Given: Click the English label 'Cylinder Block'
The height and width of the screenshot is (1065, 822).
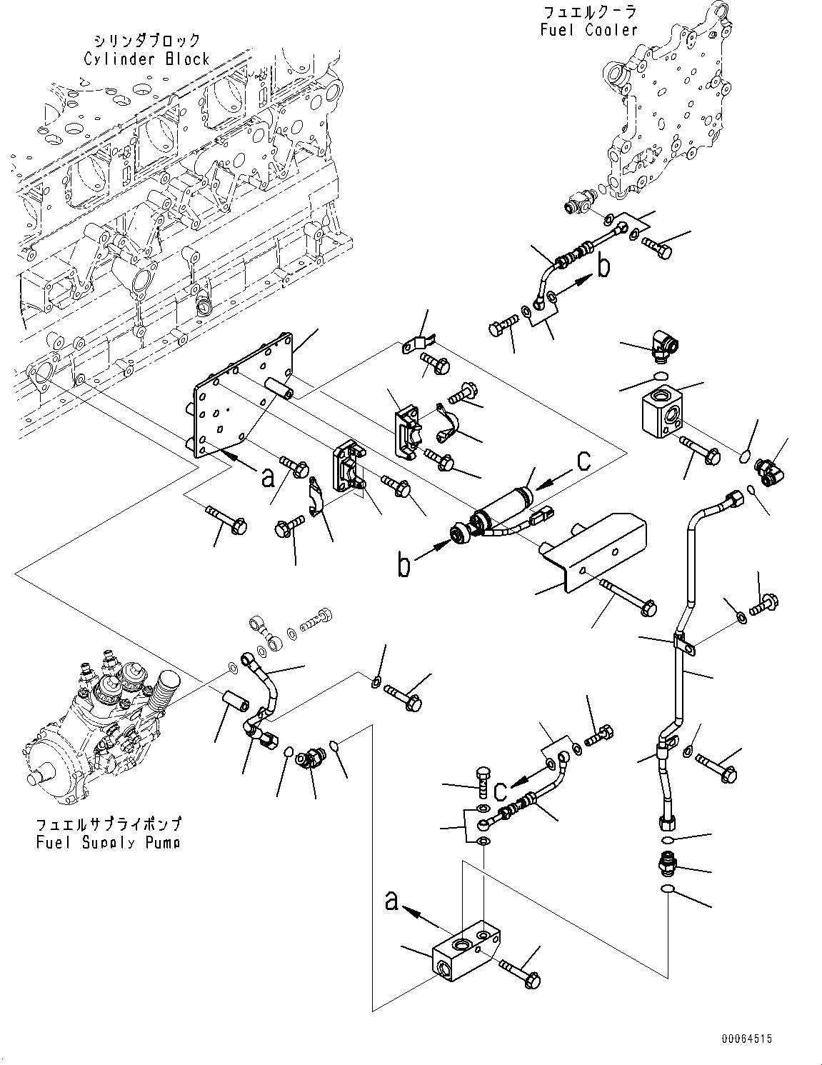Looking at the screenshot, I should pos(146,59).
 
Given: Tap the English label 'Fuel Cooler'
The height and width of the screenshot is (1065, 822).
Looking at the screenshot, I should pos(588,30).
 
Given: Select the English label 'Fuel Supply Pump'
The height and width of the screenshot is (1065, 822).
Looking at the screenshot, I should pos(108,842).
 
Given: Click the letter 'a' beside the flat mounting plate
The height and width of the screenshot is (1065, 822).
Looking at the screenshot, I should pos(267,478).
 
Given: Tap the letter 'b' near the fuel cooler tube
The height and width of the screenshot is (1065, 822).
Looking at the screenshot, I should pos(603,268).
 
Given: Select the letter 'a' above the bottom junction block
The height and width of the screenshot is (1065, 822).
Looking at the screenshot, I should pos(392,901).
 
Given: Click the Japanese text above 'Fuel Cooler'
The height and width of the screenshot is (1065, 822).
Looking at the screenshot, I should pos(589,13).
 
